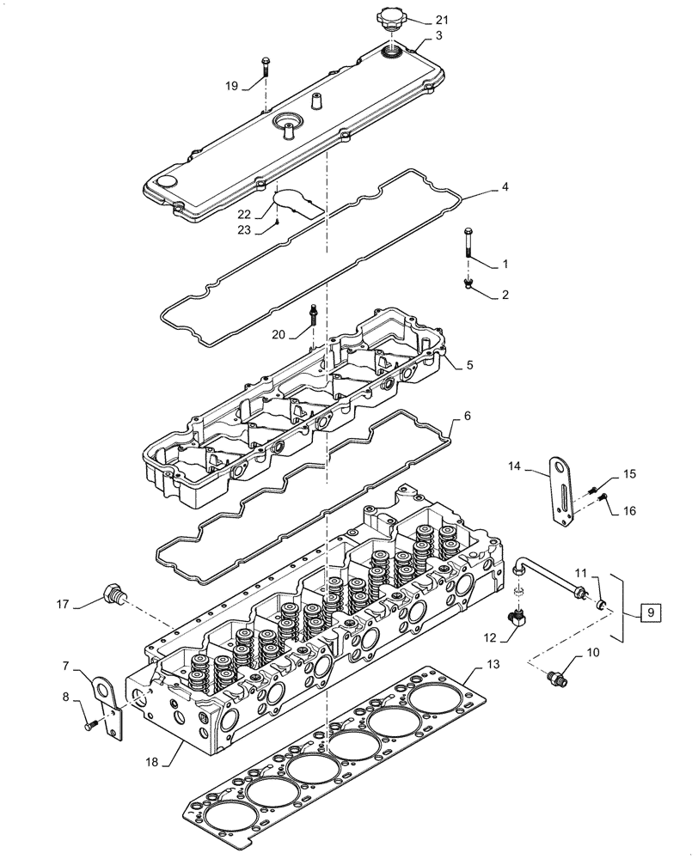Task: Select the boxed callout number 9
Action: (651, 612)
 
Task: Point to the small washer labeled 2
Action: (469, 283)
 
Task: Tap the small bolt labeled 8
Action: (90, 728)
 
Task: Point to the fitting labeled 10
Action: (556, 678)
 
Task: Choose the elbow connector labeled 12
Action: (517, 615)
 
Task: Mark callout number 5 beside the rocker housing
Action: (469, 365)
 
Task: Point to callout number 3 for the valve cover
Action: (438, 35)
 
